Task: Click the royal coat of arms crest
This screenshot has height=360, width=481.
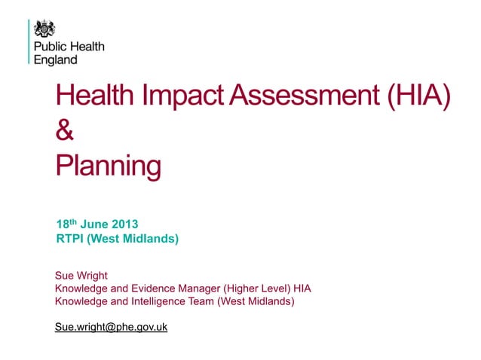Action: pos(45,29)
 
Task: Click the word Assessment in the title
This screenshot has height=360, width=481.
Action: pos(304,96)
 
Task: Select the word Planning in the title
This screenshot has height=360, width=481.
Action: pos(109,166)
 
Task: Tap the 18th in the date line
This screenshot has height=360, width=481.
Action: pos(67,224)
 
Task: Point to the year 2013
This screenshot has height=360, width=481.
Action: pos(127,224)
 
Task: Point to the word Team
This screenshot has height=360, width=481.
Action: pos(200,301)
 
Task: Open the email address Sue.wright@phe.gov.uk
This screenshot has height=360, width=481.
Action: pos(111,328)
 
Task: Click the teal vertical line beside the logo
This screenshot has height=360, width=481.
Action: pos(29,42)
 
